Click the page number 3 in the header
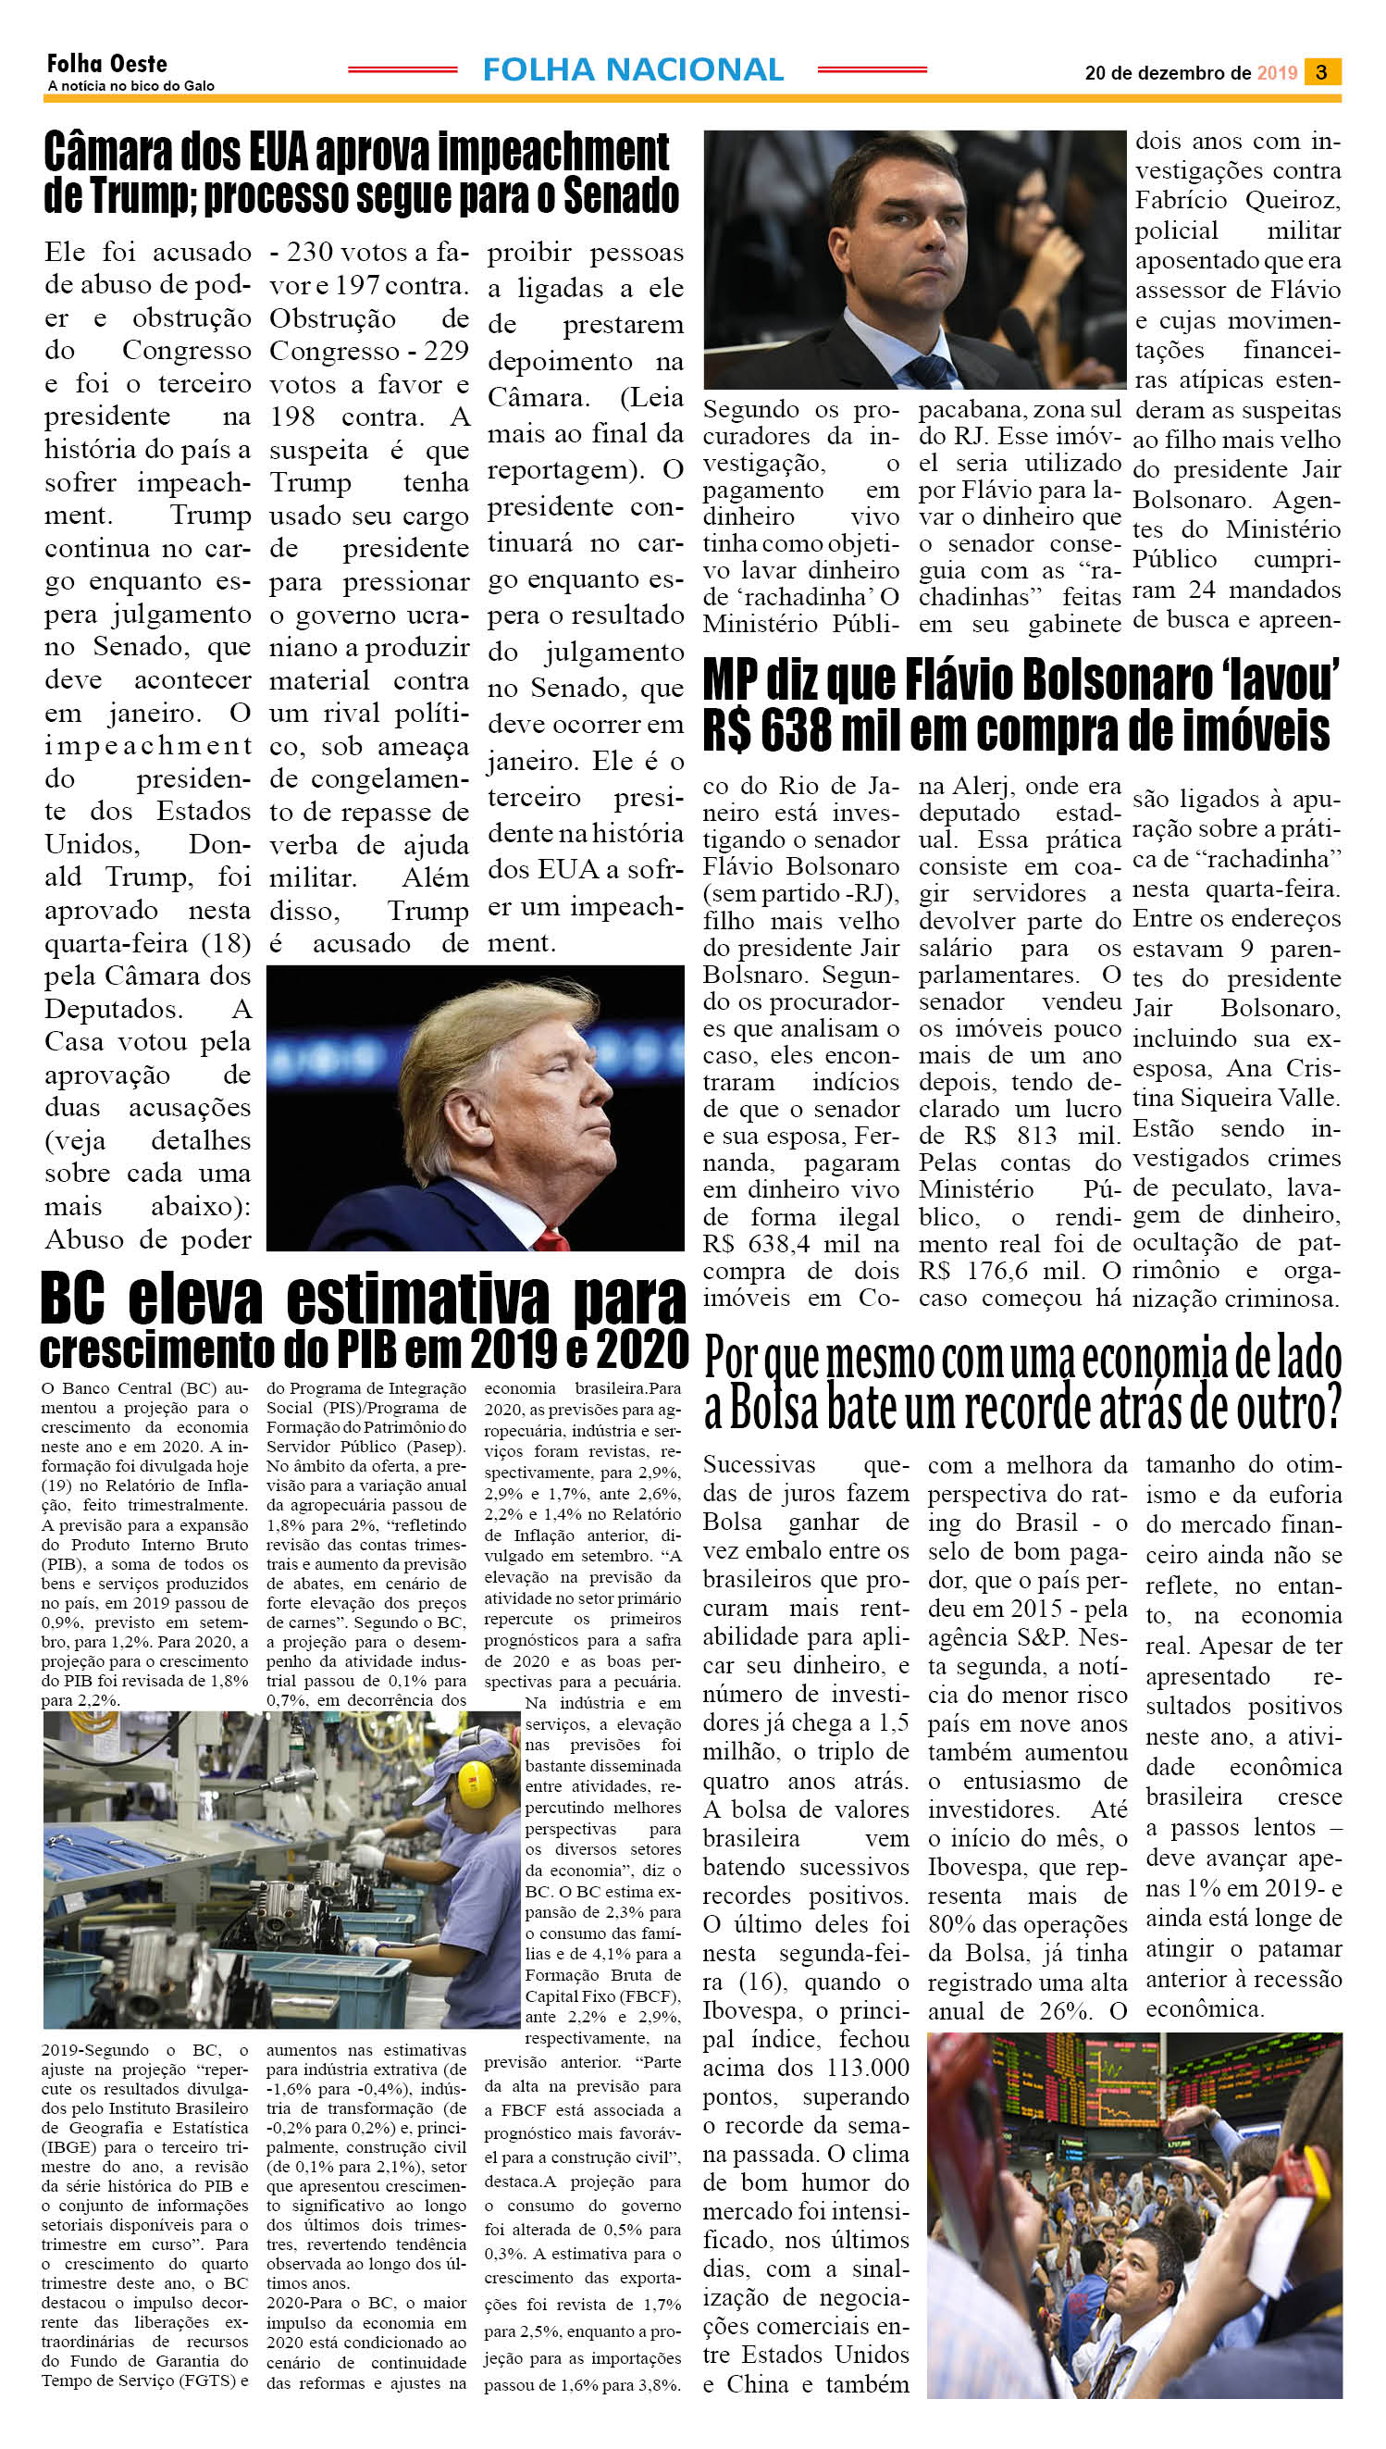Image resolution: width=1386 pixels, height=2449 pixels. (x=1322, y=72)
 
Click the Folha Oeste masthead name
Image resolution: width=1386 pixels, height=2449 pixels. (x=106, y=64)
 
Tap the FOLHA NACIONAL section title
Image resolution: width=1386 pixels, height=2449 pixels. (x=633, y=69)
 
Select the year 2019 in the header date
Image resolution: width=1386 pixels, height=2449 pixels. (x=1277, y=73)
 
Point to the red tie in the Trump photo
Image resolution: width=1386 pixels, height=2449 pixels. (x=550, y=1238)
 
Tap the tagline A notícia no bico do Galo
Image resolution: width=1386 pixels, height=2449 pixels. (x=130, y=86)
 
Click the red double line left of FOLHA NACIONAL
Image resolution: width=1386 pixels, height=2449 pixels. (x=402, y=70)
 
